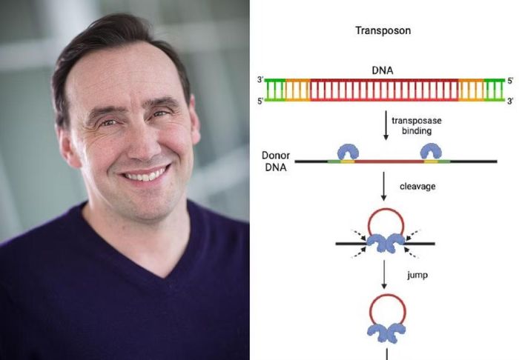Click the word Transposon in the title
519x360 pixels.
coord(383,31)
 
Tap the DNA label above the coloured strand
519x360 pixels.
coord(383,70)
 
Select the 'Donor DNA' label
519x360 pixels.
coord(276,161)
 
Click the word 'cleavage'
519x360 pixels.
coord(417,187)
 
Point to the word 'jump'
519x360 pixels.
coord(417,275)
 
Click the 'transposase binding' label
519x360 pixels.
coord(417,126)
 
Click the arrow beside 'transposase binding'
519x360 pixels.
coord(386,125)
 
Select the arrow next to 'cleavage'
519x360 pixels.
coord(383,186)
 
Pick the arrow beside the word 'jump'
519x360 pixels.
coord(384,274)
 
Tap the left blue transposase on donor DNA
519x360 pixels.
coord(348,151)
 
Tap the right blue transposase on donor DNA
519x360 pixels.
coord(431,151)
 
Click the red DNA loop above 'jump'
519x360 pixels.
coord(386,208)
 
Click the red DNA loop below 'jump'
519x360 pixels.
coord(387,295)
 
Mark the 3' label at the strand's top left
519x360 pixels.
coord(260,80)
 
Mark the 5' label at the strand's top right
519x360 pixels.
coord(510,80)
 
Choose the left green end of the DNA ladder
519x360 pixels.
coord(275,90)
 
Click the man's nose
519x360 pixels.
coord(143,141)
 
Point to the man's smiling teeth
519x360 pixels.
coord(145,174)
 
